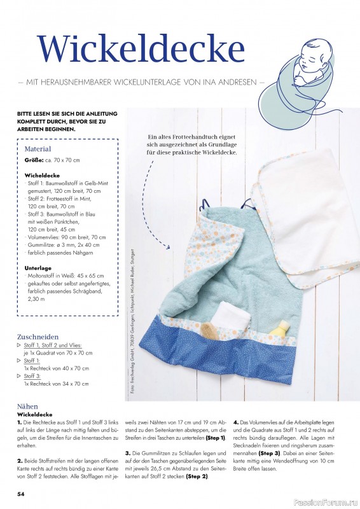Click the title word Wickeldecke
coord(141,48)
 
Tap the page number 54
coord(21,493)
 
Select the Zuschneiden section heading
coord(39,337)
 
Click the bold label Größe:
coord(34,160)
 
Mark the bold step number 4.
coord(235,421)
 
